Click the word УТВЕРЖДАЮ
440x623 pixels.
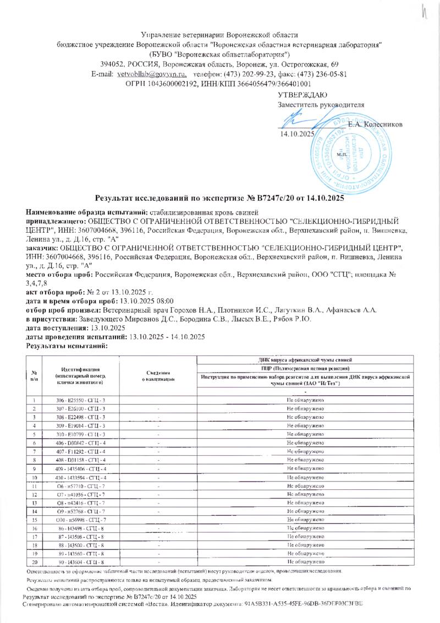pos(303,95)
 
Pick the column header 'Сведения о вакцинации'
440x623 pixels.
pos(158,376)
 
